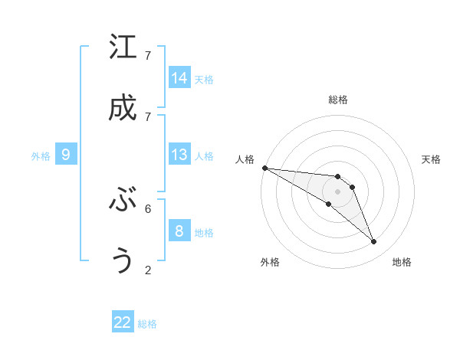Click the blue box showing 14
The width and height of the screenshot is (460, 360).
point(179,78)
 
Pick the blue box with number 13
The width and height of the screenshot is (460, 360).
point(179,155)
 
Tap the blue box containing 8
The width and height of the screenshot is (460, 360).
point(179,231)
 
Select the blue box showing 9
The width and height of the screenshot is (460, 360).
point(66,155)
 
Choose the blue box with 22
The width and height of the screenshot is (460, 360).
point(123,322)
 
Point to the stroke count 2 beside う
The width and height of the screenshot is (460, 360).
point(148,270)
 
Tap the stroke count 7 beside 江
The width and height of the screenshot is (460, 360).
point(148,56)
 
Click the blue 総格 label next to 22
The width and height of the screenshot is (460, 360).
point(147,324)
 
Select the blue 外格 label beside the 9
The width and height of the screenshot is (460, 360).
point(41,156)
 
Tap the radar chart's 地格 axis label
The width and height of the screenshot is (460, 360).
point(402,262)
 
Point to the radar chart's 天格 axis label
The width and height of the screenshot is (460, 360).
point(431,159)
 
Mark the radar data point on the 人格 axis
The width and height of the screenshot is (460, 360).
point(264,168)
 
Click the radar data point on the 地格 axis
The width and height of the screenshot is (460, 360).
point(374,242)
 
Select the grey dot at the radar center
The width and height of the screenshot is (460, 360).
point(337,191)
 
